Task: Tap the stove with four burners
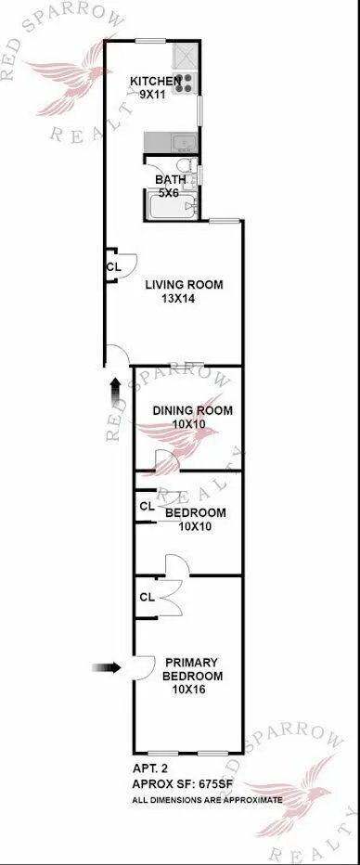[186, 83]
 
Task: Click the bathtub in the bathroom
[170, 204]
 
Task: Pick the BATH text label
[170, 180]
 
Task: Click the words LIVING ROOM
[184, 285]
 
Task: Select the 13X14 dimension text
[184, 299]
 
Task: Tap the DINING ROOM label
[192, 410]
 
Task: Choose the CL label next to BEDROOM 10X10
[147, 507]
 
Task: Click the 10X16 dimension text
[191, 691]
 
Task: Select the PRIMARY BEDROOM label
[191, 669]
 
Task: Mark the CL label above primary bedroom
[147, 597]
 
